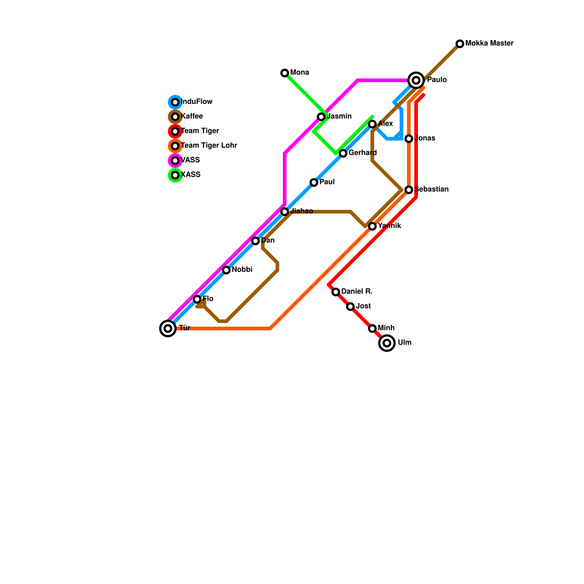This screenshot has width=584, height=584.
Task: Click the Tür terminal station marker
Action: (168, 328)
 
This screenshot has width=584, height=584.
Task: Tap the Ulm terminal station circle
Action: (387, 343)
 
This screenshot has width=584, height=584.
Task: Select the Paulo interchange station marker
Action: (416, 80)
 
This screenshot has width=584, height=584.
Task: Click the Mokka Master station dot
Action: (460, 44)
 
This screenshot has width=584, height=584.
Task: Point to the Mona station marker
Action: (285, 73)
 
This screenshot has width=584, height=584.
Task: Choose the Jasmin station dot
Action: (321, 117)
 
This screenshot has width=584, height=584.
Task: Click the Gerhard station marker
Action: (343, 153)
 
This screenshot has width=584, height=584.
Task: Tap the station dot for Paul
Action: (314, 182)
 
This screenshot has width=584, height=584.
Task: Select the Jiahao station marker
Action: (285, 212)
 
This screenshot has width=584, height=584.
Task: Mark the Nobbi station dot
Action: (226, 270)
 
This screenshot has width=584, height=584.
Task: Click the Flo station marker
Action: (197, 299)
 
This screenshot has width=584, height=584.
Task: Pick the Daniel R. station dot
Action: (336, 292)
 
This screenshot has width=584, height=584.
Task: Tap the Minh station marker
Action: (372, 328)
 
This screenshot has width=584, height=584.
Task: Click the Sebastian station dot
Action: (409, 190)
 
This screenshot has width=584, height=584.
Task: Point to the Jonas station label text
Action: (425, 138)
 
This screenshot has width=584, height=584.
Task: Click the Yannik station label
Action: (389, 226)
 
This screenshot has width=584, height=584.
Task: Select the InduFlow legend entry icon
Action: (175, 102)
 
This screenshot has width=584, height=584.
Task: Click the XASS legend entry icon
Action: (175, 175)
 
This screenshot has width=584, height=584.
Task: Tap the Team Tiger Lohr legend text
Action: (209, 146)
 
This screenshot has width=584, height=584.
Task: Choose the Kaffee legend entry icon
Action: (175, 117)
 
